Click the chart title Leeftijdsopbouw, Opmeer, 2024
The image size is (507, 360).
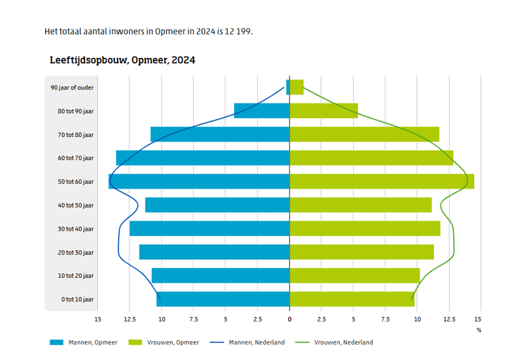pos(122,60)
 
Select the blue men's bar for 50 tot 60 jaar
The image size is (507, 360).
pos(199,181)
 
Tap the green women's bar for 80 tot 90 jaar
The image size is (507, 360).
pos(324,111)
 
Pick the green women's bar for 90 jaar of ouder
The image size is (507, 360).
pos(297,87)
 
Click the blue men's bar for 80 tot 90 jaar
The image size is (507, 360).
pos(262,111)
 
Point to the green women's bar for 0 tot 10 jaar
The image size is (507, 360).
pos(352,299)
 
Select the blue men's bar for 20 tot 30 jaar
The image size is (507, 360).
pos(214,252)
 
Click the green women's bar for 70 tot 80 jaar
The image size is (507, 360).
pos(364,134)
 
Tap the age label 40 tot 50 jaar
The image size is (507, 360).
pos(75,205)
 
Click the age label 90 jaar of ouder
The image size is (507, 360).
pos(72,87)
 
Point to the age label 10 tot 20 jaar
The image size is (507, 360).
pos(75,276)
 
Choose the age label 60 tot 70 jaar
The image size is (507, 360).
pos(75,158)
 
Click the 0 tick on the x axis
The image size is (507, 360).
pos(290,319)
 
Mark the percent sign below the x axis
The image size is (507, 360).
pos(479,330)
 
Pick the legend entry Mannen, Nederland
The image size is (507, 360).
pos(257,343)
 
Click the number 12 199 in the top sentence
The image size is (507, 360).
pos(237,32)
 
